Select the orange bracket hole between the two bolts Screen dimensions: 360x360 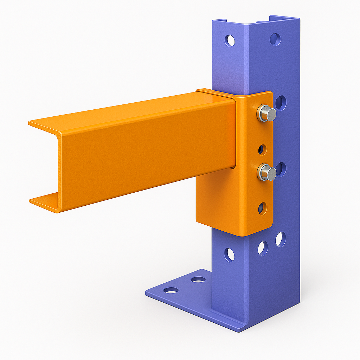point(262,149)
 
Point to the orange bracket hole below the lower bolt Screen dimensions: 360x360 point(262,208)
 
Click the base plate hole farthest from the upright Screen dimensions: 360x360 point(171,290)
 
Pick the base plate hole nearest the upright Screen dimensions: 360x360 point(198,280)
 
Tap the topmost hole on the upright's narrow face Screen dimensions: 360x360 point(230,41)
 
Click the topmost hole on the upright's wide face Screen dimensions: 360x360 point(275,39)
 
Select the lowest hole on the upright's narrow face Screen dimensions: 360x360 point(230,254)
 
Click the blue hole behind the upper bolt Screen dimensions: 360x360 point(281,103)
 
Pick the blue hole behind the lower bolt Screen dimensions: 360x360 point(281,169)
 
